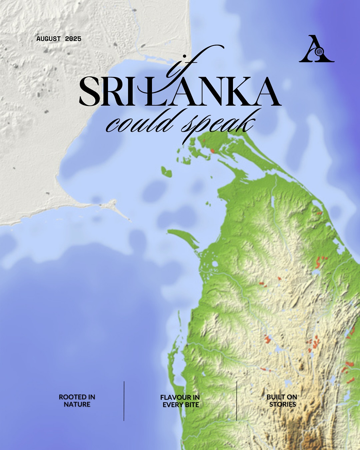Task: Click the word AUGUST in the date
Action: [x=49, y=39]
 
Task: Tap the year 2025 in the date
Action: [x=73, y=39]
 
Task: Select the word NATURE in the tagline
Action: [x=77, y=404]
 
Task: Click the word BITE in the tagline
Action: [x=192, y=405]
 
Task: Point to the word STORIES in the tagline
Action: [x=283, y=404]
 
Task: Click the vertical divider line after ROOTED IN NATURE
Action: [x=124, y=401]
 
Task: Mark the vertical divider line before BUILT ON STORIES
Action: [x=237, y=401]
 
